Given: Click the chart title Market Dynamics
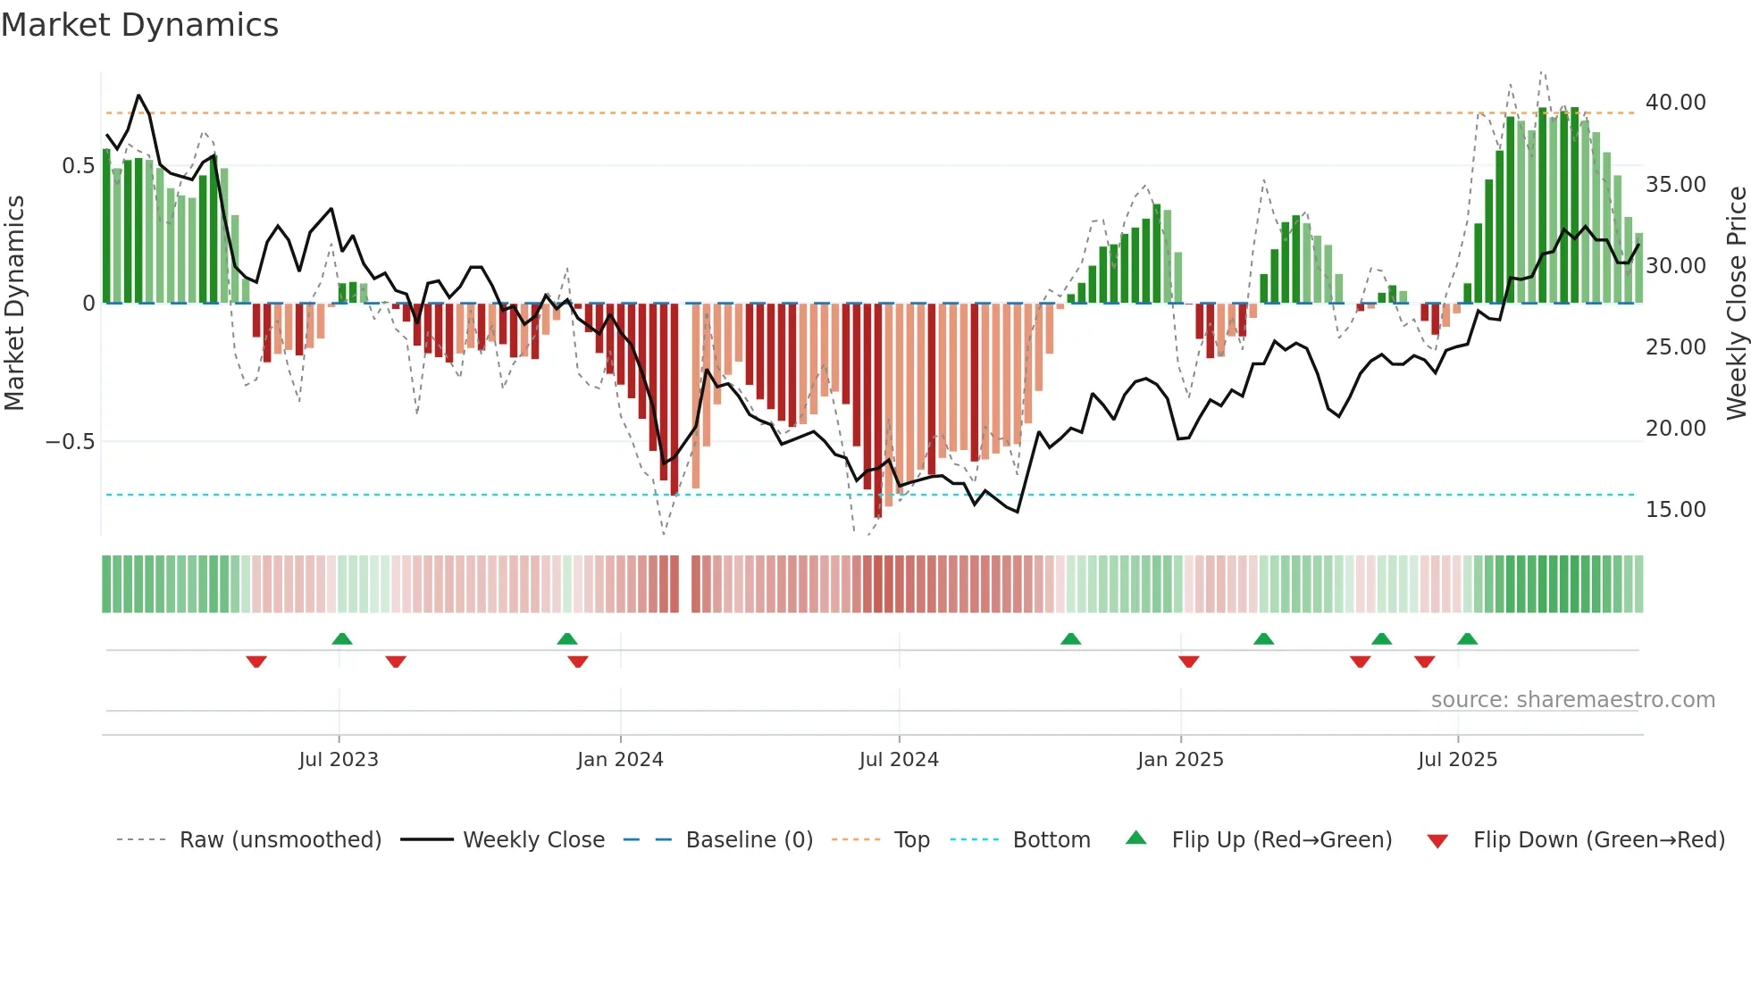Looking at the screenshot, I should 139,25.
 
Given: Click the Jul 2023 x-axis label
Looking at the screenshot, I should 339,760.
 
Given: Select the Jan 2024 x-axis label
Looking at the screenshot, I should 620,760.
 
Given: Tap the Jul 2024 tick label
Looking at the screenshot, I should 899,760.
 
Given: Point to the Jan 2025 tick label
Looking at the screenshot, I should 1180,760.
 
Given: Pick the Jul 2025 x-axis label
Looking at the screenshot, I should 1457,760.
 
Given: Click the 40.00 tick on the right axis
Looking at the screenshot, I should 1675,103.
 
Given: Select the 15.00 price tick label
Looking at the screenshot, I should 1675,510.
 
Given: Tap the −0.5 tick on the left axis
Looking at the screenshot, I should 70,442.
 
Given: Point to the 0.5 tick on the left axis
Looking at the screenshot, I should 78,166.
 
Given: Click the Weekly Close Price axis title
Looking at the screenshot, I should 1736,303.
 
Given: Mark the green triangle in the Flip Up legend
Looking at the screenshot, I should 1135,838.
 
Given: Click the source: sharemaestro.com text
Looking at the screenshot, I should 1572,700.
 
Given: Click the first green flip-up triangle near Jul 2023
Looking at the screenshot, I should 341,638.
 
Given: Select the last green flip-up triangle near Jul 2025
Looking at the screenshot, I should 1467,638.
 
